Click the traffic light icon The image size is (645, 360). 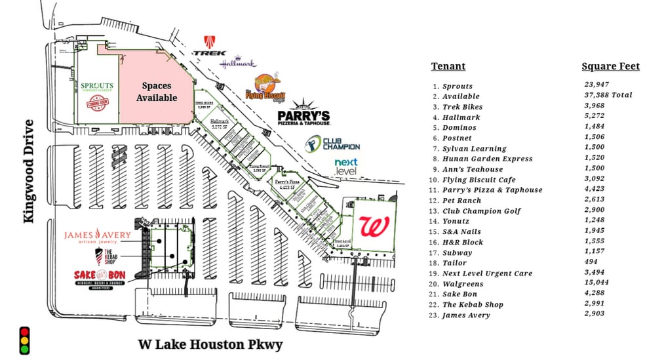(25, 340)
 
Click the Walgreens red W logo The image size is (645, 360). (374, 227)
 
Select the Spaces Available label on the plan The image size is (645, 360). (157, 92)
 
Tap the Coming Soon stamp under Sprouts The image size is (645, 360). (96, 103)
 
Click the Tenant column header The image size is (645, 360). (448, 66)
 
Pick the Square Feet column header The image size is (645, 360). (610, 66)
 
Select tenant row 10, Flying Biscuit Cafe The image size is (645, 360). (479, 180)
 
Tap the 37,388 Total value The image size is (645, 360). (608, 95)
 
